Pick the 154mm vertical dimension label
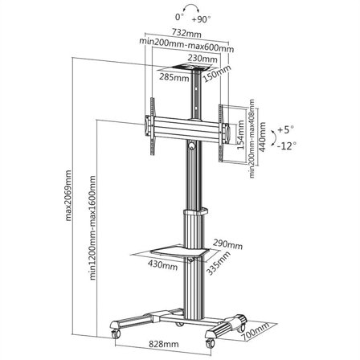coord(240,134)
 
